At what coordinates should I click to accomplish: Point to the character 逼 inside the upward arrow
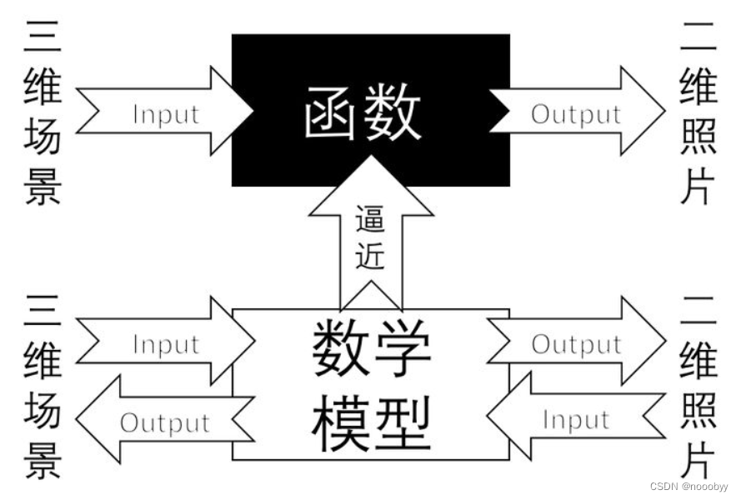pyautogui.click(x=370, y=221)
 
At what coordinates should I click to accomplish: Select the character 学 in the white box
pyautogui.click(x=403, y=349)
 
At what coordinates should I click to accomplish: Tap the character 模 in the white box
pyautogui.click(x=340, y=423)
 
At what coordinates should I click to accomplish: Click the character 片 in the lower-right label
pyautogui.click(x=698, y=456)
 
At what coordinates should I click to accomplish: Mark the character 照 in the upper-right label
pyautogui.click(x=698, y=136)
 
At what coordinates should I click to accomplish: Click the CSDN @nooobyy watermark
pyautogui.click(x=688, y=485)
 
